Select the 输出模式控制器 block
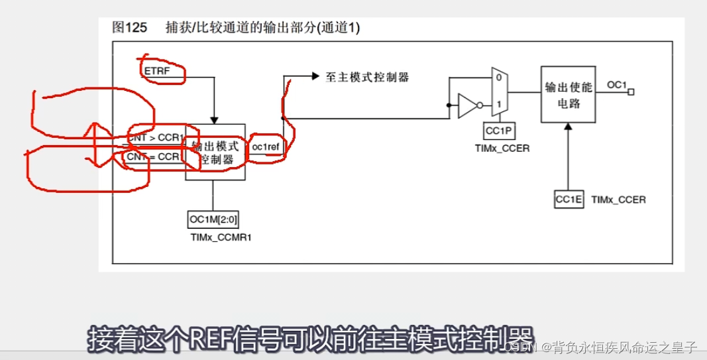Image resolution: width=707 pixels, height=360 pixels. click(215, 152)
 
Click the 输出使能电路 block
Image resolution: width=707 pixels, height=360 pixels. click(567, 93)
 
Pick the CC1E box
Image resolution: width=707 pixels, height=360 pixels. click(569, 200)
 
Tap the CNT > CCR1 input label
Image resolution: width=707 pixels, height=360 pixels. click(156, 137)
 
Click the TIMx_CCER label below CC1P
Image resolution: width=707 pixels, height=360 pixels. click(502, 148)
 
